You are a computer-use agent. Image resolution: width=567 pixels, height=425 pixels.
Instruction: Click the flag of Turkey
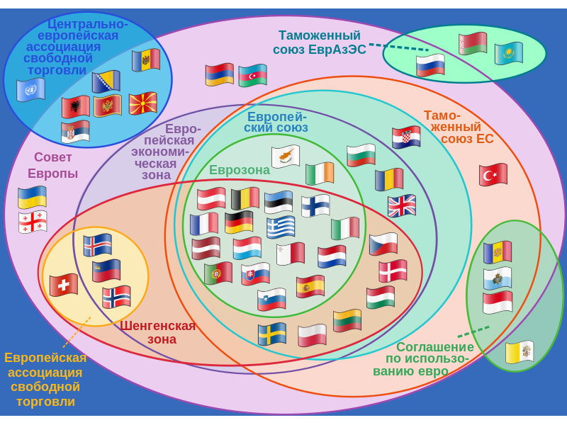tap(493, 174)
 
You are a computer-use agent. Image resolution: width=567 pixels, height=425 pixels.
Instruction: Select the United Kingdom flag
tap(402, 205)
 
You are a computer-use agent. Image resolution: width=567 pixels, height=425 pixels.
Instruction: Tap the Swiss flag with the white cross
tap(64, 285)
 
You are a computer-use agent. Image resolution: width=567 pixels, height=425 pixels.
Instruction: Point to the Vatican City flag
tap(520, 352)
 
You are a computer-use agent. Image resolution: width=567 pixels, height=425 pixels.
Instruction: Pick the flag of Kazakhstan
tap(509, 52)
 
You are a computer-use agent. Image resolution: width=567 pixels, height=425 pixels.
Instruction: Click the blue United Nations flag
tap(31, 89)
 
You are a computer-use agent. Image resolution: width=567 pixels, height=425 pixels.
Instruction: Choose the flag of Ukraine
tap(32, 197)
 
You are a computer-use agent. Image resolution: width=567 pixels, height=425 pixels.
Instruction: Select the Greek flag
tap(281, 227)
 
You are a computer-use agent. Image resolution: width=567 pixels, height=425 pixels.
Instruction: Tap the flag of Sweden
tap(272, 334)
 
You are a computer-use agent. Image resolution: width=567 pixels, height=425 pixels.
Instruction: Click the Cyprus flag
tap(286, 157)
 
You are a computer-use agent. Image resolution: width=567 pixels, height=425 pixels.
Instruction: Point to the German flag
tap(239, 222)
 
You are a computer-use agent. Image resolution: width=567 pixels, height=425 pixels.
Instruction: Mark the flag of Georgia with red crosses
tap(33, 222)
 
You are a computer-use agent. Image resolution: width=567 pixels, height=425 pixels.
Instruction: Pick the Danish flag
tap(393, 271)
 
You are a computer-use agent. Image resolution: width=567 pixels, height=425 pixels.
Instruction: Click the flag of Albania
tap(76, 107)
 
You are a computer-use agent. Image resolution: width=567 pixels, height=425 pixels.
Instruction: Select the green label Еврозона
tap(240, 170)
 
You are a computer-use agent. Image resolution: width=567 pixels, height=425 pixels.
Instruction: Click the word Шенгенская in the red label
tap(157, 326)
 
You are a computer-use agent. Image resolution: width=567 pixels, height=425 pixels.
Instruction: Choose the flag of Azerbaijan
tap(252, 75)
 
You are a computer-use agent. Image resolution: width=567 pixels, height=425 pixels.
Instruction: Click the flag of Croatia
tap(406, 137)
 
